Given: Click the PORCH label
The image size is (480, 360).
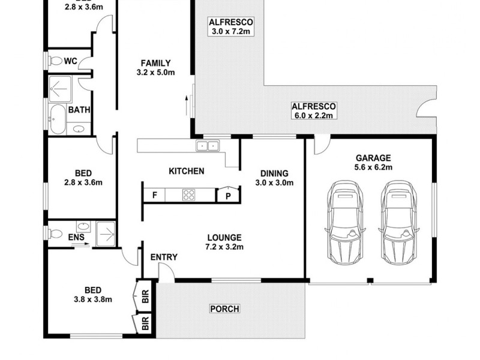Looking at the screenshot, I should coord(224,309).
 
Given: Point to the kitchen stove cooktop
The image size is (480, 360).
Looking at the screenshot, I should coord(188,194).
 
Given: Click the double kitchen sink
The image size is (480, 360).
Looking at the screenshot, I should coord(208,146).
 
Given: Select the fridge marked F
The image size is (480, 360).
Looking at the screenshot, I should coord(155,194).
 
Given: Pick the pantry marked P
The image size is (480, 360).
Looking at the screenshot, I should coord(229,194).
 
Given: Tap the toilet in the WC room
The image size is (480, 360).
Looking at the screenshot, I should coord(56,61).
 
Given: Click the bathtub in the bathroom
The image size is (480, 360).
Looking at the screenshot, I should coord(58,119).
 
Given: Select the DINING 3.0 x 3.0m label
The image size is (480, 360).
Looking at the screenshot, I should coord(274,178).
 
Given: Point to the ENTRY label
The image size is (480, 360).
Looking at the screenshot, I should coord(164,257).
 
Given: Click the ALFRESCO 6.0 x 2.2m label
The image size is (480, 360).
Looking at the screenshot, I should coord(314,110).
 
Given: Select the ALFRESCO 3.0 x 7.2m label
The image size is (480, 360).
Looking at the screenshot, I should coord(231,27).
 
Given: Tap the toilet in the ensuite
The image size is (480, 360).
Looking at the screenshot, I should coord(56,231).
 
